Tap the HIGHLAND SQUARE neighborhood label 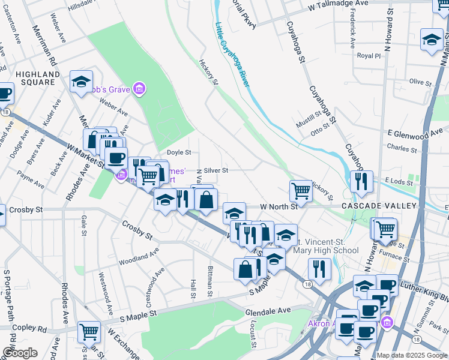click(38, 78)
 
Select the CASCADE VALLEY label click(379, 206)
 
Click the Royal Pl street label click(369, 56)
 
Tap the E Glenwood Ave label click(415, 131)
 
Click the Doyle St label click(178, 152)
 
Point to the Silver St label click(216, 170)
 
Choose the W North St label click(279, 206)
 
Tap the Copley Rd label click(34, 329)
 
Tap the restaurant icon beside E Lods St click(361, 181)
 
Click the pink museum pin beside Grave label click(139, 90)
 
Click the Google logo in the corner click(20, 352)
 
